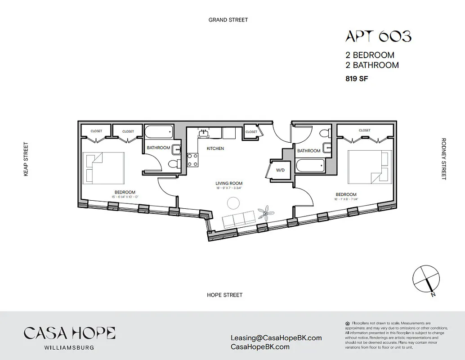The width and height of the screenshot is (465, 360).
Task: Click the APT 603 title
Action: coord(378,36)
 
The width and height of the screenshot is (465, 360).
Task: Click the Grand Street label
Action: coord(228,20)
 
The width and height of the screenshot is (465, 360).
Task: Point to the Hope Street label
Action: coord(224,295)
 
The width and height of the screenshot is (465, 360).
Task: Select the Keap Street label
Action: coord(26,159)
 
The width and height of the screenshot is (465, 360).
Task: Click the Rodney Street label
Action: coord(444,159)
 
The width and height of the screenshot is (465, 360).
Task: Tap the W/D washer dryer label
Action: coord(280,171)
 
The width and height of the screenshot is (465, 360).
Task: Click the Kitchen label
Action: coord(215,148)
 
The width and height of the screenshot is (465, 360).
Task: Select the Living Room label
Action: coord(229,183)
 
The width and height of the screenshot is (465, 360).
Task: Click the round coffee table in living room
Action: coord(233,204)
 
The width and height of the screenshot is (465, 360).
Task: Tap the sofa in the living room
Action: coord(239,220)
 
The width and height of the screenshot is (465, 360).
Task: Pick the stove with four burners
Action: coord(192,160)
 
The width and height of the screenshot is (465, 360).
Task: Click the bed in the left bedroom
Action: coord(104,167)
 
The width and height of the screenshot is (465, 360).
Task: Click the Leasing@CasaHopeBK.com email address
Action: coord(276,338)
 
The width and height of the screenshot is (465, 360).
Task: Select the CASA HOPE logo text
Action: coord(70,333)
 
